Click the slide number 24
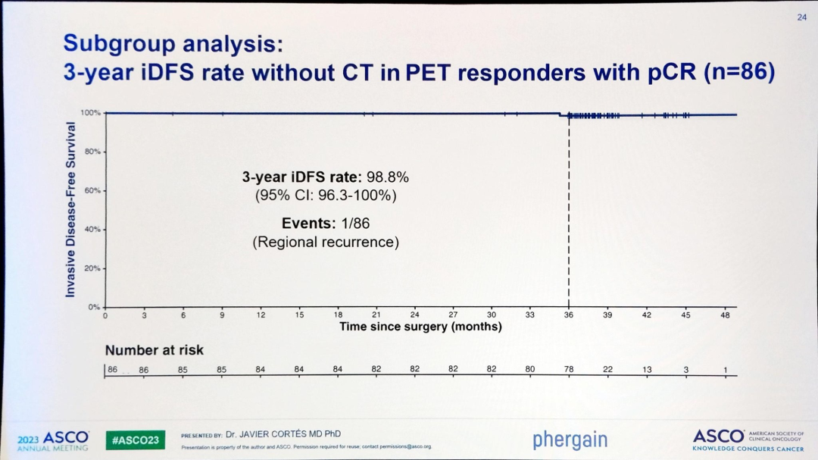[801, 17]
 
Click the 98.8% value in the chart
[388, 177]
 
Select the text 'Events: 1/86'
[326, 224]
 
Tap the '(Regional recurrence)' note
[326, 243]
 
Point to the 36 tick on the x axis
[569, 315]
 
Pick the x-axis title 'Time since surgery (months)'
[420, 327]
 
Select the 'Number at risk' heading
[154, 350]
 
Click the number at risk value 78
[569, 369]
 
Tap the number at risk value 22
[607, 369]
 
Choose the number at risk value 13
[647, 369]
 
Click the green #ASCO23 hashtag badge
[135, 440]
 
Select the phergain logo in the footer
[570, 440]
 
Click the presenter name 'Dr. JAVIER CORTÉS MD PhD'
[283, 434]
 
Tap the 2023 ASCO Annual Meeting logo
[53, 440]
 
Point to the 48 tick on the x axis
[725, 315]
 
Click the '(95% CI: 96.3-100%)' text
[326, 196]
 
